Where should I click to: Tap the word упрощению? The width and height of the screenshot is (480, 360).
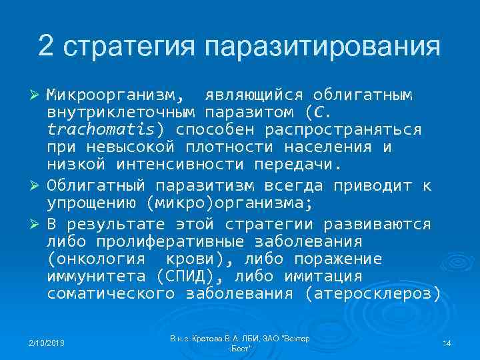tap(93, 202)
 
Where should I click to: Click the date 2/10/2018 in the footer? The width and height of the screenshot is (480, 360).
tap(45, 343)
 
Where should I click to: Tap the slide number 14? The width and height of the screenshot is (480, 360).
tap(447, 343)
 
